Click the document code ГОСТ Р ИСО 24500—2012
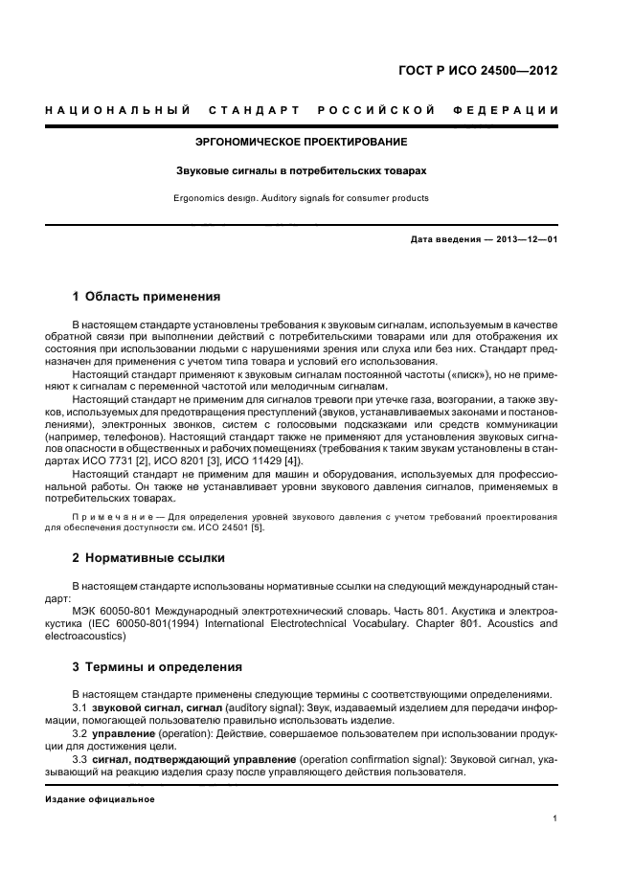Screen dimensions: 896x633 pos(479,70)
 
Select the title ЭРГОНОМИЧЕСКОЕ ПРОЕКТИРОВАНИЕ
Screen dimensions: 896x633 pos(301,142)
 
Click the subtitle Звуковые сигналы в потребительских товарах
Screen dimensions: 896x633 pos(301,170)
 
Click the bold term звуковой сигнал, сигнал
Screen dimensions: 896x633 pos(155,706)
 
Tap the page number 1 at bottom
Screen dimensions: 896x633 pos(554,818)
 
